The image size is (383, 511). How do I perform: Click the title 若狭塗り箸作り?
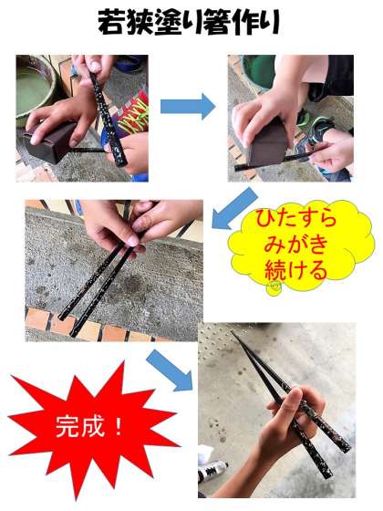(x=189, y=22)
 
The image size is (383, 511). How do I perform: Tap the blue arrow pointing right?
(x=188, y=106)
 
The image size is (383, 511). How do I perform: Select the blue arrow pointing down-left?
(x=234, y=209)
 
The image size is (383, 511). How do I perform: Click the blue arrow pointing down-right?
(x=170, y=370)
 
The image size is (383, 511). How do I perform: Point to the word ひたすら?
(x=295, y=218)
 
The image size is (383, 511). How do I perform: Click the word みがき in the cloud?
(x=295, y=245)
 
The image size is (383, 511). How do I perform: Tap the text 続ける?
(x=295, y=270)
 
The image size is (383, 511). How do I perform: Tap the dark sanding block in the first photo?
(x=50, y=142)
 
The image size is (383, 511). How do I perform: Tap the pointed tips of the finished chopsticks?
(x=233, y=333)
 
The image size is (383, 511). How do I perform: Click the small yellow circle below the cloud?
(x=274, y=288)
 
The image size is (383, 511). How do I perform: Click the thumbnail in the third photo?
(x=133, y=242)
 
